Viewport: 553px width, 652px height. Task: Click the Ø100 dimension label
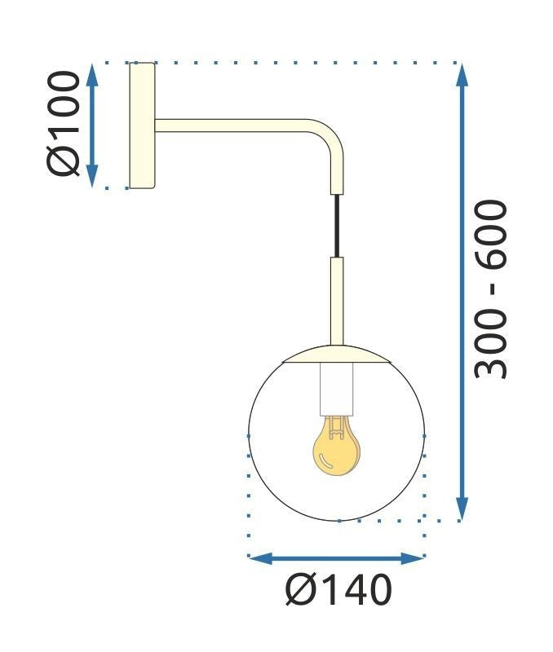pos(64,124)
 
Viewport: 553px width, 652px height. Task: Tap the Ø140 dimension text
pos(338,591)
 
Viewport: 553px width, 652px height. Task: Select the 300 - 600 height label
pos(491,290)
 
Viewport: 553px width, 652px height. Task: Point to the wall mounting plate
pos(142,125)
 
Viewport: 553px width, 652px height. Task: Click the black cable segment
pos(336,226)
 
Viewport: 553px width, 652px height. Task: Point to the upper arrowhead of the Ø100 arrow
pos(92,73)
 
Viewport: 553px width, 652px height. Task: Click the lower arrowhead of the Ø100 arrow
pos(92,177)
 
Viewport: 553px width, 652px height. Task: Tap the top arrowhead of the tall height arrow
pos(462,74)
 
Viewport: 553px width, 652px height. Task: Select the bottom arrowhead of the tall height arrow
pos(462,509)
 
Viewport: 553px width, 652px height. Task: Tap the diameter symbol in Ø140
pos(300,591)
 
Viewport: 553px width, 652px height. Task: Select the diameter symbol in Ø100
pos(64,159)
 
